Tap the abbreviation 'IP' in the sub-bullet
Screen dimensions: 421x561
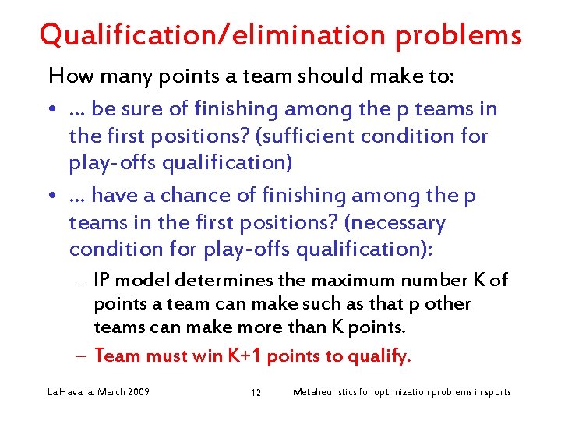[x=101, y=280]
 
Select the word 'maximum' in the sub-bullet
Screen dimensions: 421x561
[x=366, y=280]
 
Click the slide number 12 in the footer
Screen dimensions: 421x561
[x=256, y=392]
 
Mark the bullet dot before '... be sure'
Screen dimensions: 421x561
[x=51, y=110]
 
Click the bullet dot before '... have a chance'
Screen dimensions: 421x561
[x=51, y=196]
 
